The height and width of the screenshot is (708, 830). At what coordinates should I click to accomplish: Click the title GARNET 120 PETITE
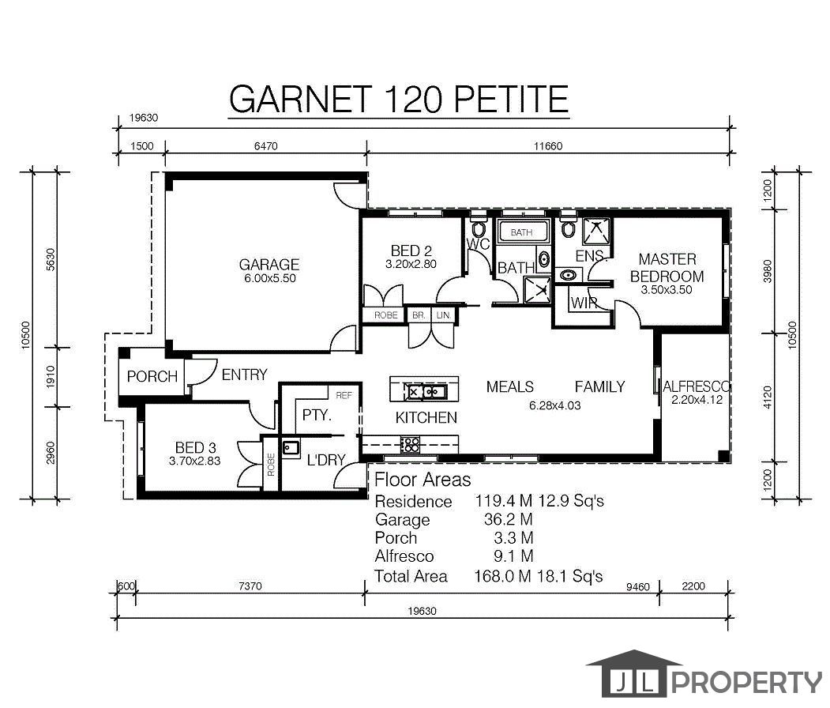[x=399, y=99]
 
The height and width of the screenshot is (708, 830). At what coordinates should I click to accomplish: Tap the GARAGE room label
[x=269, y=264]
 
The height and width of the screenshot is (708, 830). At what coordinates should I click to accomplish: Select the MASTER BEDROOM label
[x=667, y=267]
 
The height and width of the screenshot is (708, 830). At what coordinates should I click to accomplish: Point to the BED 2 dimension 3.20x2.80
[x=411, y=264]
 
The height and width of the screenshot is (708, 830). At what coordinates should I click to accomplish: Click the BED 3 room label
[x=195, y=447]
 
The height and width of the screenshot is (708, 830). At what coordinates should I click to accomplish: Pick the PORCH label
[x=152, y=376]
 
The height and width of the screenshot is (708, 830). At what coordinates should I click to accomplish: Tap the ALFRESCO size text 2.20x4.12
[x=697, y=400]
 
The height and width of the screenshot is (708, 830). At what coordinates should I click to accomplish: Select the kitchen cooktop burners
[x=410, y=445]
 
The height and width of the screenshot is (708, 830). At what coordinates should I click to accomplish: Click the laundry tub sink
[x=290, y=448]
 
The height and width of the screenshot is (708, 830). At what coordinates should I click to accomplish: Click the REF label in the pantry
[x=344, y=395]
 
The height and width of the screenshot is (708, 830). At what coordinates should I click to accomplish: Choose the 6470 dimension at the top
[x=265, y=146]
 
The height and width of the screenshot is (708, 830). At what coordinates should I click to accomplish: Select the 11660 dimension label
[x=548, y=146]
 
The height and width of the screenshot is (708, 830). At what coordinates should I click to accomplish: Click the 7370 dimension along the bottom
[x=250, y=586]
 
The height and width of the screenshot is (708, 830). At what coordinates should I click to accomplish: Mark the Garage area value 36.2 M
[x=508, y=519]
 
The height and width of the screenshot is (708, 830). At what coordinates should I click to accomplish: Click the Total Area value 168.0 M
[x=502, y=576]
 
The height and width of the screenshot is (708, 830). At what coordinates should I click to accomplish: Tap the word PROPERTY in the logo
[x=746, y=682]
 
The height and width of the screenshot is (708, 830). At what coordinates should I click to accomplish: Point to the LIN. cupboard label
[x=444, y=315]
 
